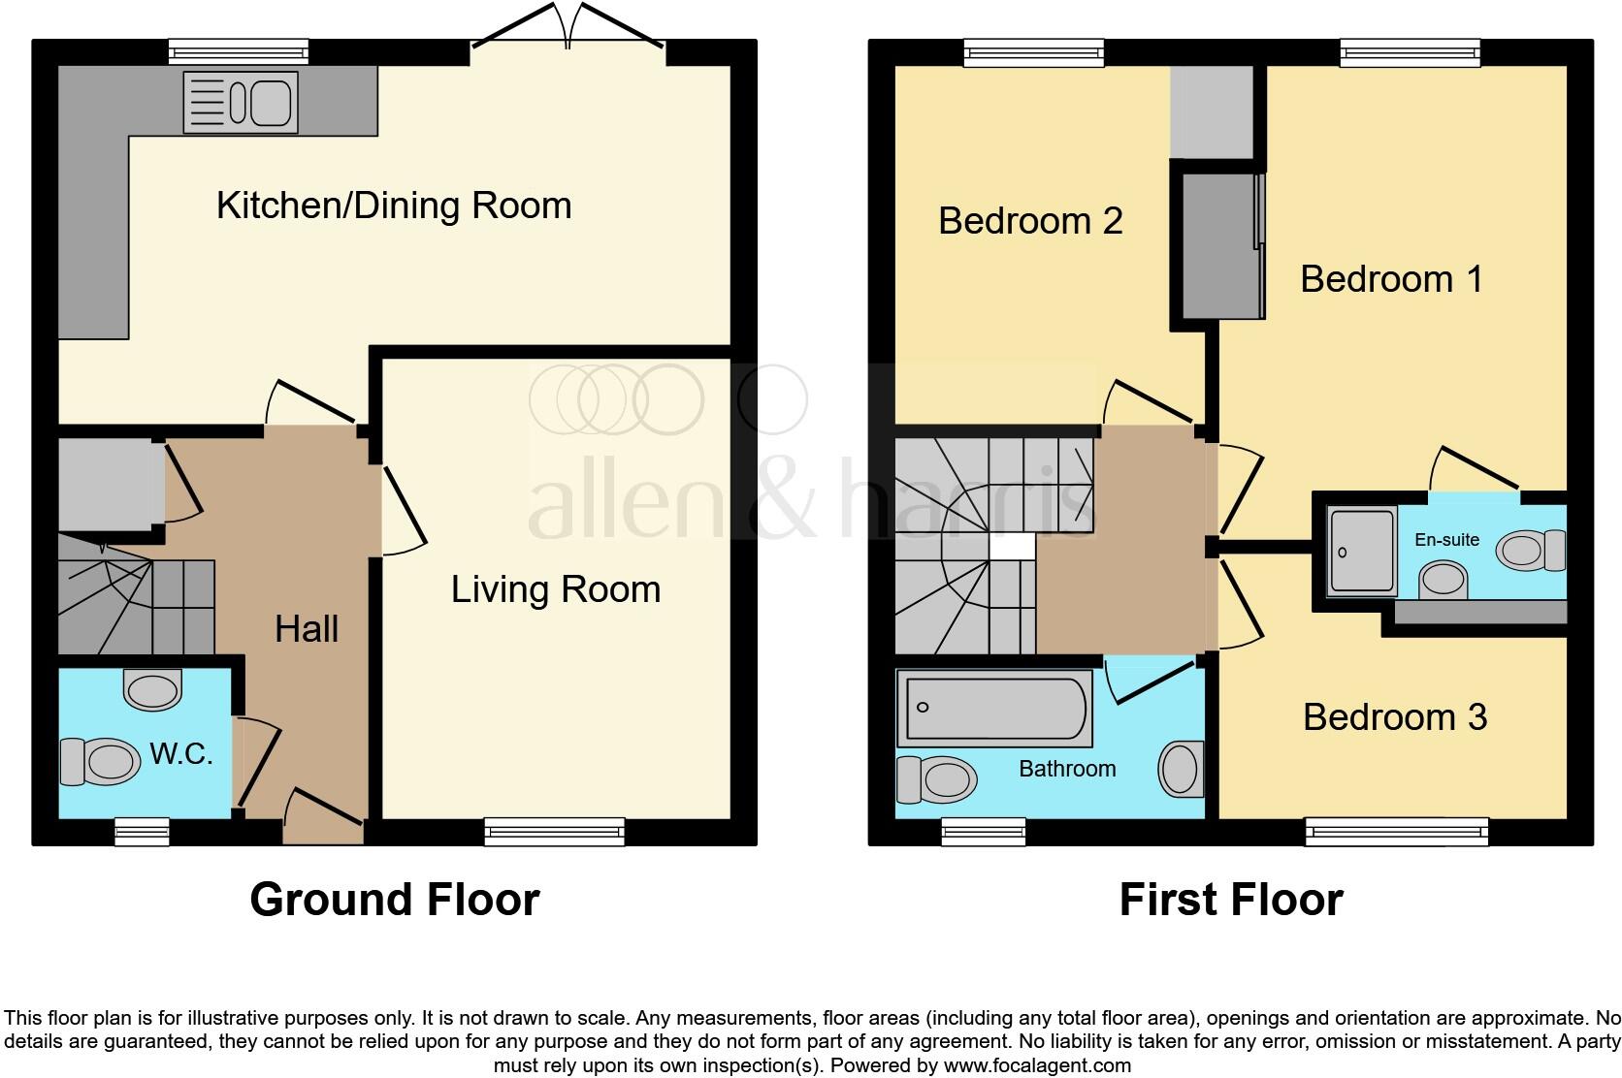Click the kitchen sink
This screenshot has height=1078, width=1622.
240,102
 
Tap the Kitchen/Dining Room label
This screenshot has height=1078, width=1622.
394,206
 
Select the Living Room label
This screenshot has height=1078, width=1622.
555,589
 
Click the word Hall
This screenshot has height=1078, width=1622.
307,629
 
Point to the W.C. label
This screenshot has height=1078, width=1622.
181,753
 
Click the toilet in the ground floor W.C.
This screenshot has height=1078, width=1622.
100,762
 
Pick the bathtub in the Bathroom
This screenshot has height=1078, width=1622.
994,711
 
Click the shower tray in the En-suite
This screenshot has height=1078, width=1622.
1362,549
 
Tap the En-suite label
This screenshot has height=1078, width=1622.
1446,540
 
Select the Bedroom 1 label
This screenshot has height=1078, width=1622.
1391,279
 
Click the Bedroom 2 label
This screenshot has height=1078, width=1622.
1030,221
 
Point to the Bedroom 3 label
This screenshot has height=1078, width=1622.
1394,717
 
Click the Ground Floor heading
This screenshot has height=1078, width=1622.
394,900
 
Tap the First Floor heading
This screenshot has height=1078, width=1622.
1230,900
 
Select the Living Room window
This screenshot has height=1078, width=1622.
555,831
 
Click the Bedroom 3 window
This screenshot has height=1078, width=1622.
1396,831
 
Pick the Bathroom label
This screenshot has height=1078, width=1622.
1067,769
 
